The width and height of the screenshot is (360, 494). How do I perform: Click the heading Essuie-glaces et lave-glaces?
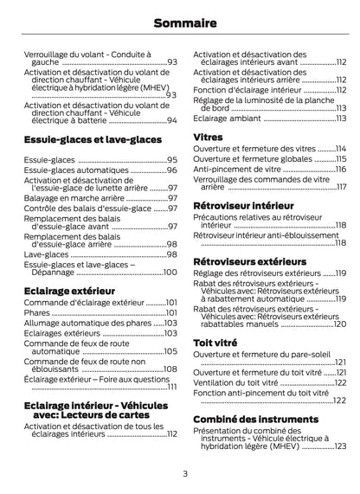92,138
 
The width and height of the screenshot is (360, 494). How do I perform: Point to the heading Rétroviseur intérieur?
243,205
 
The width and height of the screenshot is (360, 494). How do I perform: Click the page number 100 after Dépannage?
169,272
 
